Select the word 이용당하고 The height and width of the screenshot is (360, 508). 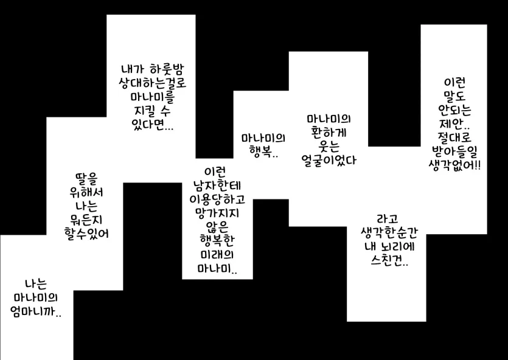217,198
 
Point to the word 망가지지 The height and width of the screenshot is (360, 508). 217,212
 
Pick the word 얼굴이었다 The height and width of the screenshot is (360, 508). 328,161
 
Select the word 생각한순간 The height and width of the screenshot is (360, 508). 387,233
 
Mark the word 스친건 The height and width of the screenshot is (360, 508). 387,261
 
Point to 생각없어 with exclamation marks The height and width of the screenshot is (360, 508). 454,166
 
